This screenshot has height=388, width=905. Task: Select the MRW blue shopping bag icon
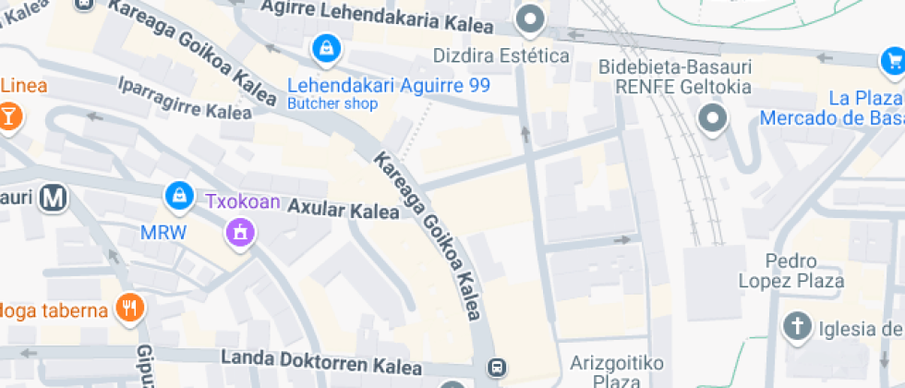click(176, 195)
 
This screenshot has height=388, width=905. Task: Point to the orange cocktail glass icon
click(9, 117)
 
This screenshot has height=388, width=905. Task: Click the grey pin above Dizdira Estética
click(530, 18)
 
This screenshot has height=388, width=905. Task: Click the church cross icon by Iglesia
click(796, 326)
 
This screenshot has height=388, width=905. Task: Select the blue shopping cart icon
click(892, 61)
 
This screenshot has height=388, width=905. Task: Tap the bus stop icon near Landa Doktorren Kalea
click(498, 367)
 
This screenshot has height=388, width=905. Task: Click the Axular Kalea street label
click(344, 209)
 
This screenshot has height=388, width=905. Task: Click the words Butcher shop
click(332, 103)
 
